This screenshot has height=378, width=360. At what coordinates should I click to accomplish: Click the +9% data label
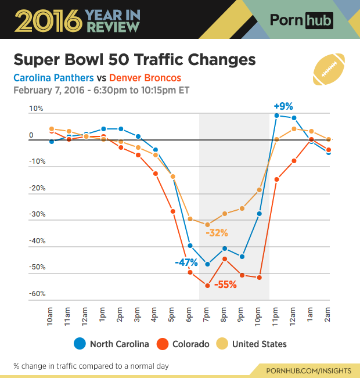point(283,106)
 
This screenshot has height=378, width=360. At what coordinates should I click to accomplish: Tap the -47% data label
point(186,262)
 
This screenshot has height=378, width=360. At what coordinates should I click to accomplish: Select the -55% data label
point(226,285)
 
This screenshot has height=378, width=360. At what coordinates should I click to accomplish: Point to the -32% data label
point(217,233)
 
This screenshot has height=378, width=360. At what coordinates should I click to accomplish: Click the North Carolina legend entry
point(112,344)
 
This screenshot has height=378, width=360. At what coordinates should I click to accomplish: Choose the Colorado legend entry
point(183,344)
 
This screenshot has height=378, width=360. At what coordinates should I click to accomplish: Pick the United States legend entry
point(253,344)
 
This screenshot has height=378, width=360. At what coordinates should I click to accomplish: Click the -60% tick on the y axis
point(37,294)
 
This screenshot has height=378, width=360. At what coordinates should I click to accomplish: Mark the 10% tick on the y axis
point(36,109)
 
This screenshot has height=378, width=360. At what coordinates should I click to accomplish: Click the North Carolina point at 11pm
point(277,116)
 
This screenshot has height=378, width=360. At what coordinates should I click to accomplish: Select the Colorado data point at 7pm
point(207,285)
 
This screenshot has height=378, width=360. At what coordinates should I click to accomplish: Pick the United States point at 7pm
point(207,225)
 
